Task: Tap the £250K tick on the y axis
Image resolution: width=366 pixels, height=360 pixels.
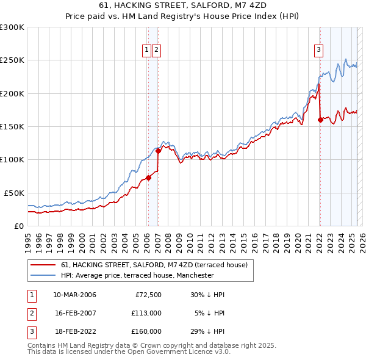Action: (12, 60)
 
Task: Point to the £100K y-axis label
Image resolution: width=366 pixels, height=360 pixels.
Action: (12, 159)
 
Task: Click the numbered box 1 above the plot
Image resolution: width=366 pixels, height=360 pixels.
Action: (148, 51)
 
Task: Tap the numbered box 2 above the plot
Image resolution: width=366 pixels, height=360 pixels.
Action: (156, 51)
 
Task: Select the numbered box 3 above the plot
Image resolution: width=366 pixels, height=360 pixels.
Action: (318, 51)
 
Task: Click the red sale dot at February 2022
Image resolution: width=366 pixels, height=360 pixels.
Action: (320, 120)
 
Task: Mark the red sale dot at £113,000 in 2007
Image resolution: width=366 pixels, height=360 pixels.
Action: (158, 151)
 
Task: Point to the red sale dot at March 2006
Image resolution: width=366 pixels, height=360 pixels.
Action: (148, 178)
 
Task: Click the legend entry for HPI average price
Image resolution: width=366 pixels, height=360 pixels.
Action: (137, 275)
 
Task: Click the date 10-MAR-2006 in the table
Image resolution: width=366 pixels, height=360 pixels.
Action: (74, 295)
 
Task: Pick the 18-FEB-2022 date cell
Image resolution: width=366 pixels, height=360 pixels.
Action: (74, 331)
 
